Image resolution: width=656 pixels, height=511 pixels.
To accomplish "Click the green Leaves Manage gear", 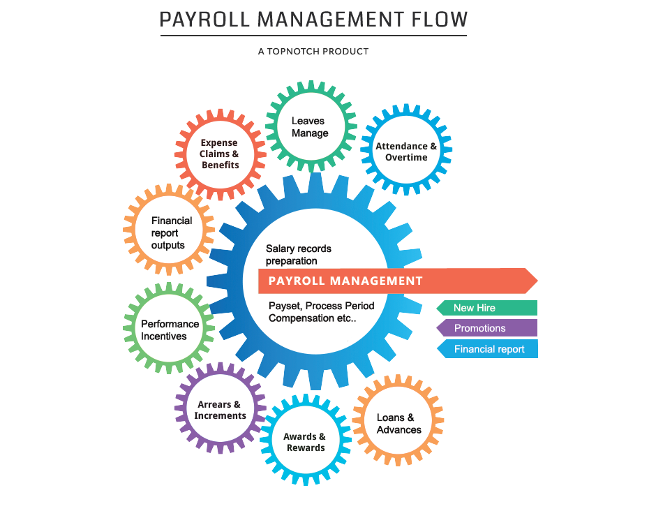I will click(308, 126).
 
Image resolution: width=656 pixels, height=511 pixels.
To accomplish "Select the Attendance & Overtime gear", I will click(406, 151).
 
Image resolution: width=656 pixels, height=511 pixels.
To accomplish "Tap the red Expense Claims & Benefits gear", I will click(220, 154).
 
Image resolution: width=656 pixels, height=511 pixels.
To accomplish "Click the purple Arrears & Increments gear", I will click(220, 410).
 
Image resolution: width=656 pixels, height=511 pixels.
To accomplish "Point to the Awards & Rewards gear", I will click(305, 442).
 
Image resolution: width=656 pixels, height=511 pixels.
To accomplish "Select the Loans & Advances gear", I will click(398, 423).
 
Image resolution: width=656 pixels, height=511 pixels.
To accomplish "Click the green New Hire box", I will click(486, 308).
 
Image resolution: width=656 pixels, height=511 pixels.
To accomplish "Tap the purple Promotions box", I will click(486, 328).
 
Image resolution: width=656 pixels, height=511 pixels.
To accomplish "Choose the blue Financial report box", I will click(486, 349).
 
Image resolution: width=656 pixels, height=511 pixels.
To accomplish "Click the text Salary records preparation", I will click(299, 255).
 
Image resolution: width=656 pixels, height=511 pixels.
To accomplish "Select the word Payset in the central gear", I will click(284, 306).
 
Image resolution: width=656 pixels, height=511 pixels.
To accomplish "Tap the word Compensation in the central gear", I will click(301, 318).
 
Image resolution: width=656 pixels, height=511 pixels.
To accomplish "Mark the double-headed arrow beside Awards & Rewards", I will click(262, 423).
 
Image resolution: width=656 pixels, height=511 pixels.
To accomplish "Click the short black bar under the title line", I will click(313, 51).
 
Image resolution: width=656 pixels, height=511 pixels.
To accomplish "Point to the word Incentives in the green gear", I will click(164, 336).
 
